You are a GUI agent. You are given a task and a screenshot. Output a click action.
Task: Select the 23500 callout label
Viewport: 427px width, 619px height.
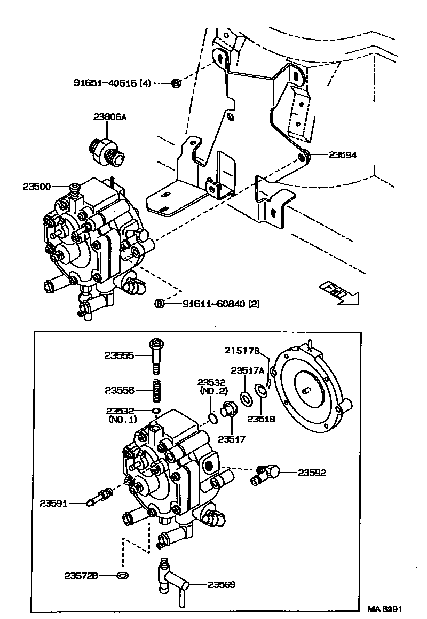37,187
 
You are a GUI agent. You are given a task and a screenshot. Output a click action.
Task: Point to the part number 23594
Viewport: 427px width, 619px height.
342,155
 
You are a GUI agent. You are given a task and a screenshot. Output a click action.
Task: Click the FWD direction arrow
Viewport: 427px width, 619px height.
339,293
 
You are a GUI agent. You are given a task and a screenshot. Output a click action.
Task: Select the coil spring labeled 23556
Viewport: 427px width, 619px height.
156,390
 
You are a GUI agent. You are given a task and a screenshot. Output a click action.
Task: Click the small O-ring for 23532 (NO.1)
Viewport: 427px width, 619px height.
156,411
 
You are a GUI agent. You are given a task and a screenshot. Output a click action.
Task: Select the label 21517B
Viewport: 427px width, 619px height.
242,351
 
